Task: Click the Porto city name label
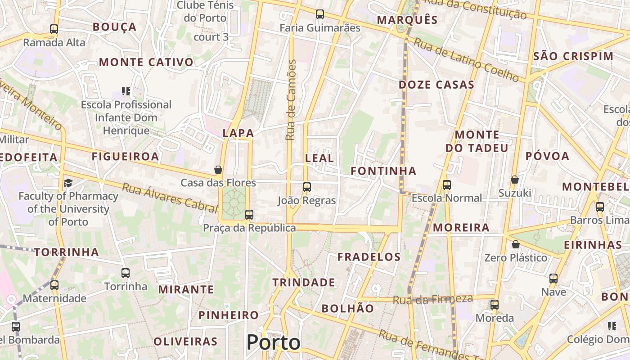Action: tap(273, 342)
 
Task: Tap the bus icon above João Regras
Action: tap(307, 187)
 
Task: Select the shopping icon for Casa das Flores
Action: tap(218, 170)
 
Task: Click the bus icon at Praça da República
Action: tap(249, 215)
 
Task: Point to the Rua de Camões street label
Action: tap(292, 100)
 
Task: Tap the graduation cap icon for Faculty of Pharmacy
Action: tap(68, 183)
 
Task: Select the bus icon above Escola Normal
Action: tap(447, 184)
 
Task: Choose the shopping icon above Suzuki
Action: tap(515, 180)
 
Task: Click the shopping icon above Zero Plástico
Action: tap(516, 244)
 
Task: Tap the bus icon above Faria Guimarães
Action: tap(320, 14)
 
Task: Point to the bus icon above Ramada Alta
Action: tap(54, 29)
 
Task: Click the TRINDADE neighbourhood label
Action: tap(304, 283)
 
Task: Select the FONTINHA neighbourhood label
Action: tap(383, 171)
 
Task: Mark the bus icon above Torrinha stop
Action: tap(126, 273)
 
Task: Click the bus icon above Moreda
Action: tap(495, 305)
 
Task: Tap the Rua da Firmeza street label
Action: tap(433, 299)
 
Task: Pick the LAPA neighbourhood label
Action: tap(238, 133)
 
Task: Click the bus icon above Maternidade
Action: tap(54, 285)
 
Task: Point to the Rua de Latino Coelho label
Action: tap(466, 60)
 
